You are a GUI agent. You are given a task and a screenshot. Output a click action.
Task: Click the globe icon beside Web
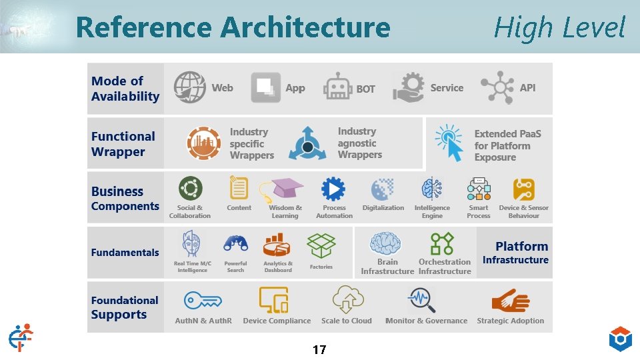coord(190,87)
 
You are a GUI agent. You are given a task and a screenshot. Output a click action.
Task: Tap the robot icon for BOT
coord(337,88)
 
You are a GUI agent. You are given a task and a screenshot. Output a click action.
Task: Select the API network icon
coord(497,87)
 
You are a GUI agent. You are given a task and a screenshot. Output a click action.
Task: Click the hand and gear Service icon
coord(409,87)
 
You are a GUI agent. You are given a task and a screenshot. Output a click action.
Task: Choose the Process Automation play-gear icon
coord(333,189)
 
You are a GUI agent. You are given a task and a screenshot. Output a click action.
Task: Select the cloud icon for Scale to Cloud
coord(347,299)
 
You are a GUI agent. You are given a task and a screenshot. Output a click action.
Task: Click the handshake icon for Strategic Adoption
coord(510,301)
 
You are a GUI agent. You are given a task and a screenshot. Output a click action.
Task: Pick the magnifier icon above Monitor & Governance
coord(421,300)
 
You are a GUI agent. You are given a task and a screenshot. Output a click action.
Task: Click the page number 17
coord(319,349)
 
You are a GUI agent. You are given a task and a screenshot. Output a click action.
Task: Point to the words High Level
coord(559,28)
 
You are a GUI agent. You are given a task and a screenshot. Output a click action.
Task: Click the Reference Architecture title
coord(233,27)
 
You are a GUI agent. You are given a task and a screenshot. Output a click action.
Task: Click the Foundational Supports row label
coord(125,307)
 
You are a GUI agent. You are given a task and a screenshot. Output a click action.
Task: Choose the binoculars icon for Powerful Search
coord(235,243)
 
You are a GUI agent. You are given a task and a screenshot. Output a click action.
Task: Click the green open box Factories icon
coord(321,245)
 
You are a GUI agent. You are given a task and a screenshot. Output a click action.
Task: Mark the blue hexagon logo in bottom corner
coord(620,339)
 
